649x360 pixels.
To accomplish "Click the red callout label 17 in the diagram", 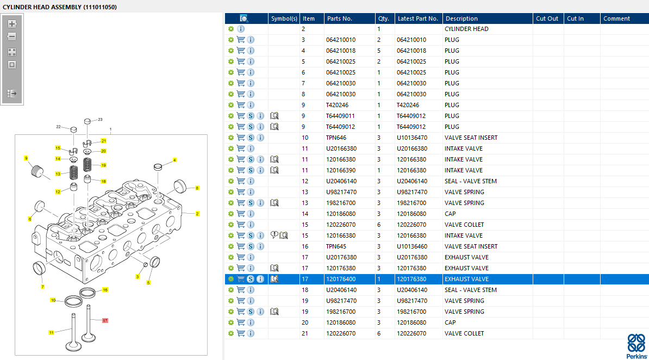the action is (105, 321).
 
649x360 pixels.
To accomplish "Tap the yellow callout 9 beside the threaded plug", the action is (26, 158).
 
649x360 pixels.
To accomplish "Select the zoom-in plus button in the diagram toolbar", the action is (12, 24).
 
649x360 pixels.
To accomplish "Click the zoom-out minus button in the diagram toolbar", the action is (12, 37).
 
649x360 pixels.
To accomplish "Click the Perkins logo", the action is (636, 346).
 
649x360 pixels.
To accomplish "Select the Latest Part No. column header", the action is (417, 18).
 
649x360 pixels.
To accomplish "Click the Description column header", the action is (461, 18).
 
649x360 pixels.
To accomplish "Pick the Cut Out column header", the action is (547, 18).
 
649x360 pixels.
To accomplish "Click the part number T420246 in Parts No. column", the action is (337, 105).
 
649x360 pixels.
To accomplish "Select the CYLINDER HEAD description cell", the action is (466, 29).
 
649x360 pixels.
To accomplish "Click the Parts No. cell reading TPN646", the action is (336, 138).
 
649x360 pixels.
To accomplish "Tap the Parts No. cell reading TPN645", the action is (336, 246).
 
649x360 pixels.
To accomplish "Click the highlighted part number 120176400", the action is (341, 279).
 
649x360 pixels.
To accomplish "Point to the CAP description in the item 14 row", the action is (450, 214).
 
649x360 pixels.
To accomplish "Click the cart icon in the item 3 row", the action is (240, 40).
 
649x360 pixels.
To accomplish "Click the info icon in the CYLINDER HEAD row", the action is (241, 29).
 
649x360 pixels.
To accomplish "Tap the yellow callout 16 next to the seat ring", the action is (105, 290).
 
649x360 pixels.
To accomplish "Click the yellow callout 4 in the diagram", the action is (174, 160).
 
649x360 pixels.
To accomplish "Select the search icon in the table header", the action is (244, 18).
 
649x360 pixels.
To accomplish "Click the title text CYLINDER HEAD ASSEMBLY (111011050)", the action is (60, 7).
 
